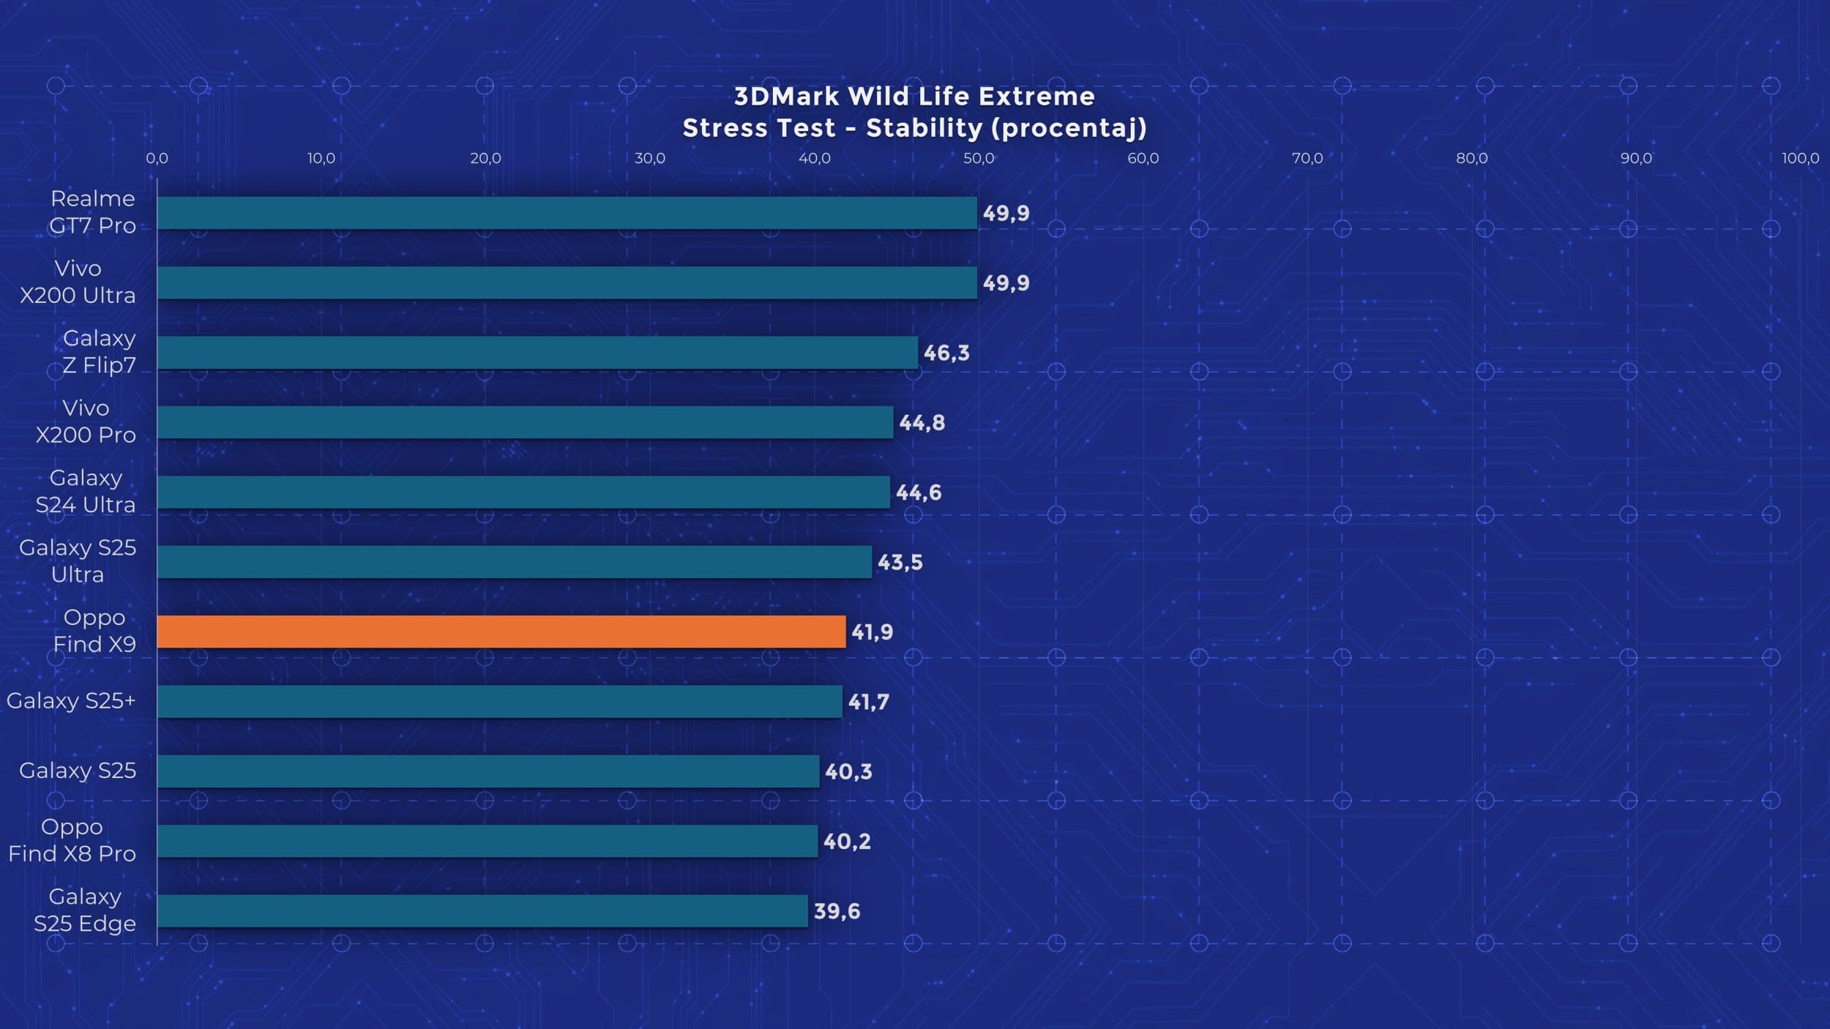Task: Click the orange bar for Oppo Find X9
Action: [501, 632]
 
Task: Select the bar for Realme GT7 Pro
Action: [567, 213]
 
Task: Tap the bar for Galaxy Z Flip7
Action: [537, 353]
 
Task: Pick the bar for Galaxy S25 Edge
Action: [482, 911]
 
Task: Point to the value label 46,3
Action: [946, 353]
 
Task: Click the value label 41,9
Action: [872, 632]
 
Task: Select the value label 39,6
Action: [837, 911]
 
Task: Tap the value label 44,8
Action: [922, 422]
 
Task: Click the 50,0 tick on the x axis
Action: [979, 158]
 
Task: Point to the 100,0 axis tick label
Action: [1800, 158]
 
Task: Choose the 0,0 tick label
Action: [157, 158]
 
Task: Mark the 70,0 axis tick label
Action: [1307, 158]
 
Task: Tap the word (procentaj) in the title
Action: [1069, 128]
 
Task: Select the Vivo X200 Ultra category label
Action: [78, 282]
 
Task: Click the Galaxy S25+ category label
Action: [71, 700]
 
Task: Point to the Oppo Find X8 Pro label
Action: [72, 840]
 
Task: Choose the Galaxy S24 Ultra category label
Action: [86, 491]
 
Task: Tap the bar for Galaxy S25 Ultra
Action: [515, 562]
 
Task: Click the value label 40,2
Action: [847, 841]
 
